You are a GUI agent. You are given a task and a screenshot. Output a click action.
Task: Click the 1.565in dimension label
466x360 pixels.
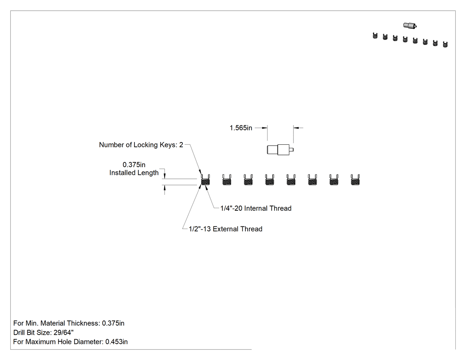tap(241, 128)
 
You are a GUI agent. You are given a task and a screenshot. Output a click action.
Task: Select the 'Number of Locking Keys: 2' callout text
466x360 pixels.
tap(141, 145)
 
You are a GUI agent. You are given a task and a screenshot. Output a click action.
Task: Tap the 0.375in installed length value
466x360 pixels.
tap(134, 165)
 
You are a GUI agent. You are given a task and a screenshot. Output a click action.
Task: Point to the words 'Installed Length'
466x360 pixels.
tap(134, 173)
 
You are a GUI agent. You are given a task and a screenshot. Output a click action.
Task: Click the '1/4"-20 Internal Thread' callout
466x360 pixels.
tap(256, 208)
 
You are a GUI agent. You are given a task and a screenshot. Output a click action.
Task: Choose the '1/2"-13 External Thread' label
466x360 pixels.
tap(225, 229)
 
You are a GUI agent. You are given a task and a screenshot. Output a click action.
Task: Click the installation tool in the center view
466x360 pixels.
tap(280, 150)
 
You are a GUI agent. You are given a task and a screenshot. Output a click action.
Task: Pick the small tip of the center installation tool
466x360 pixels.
tap(292, 150)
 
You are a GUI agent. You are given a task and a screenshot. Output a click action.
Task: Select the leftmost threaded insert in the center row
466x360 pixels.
tap(205, 180)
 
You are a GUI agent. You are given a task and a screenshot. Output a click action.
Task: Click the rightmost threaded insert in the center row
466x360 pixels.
tap(355, 180)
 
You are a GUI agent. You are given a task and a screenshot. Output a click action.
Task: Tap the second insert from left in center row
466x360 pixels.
tap(227, 180)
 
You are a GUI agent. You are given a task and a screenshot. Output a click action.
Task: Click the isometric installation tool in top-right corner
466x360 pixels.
tap(410, 26)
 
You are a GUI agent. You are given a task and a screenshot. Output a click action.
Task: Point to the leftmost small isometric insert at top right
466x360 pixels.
tap(375, 36)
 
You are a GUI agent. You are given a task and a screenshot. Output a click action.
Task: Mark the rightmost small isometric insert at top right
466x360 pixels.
tap(445, 44)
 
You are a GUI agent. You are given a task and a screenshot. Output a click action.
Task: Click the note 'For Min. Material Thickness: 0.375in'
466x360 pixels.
tap(69, 323)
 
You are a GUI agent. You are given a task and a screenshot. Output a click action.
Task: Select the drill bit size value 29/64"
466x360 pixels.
tap(63, 332)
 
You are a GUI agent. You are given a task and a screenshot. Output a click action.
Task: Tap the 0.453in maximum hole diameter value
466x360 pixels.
tap(116, 342)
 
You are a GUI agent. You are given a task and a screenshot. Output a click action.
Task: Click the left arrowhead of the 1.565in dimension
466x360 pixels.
tap(265, 128)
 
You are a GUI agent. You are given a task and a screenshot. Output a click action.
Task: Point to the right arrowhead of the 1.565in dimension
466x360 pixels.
tap(296, 128)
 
